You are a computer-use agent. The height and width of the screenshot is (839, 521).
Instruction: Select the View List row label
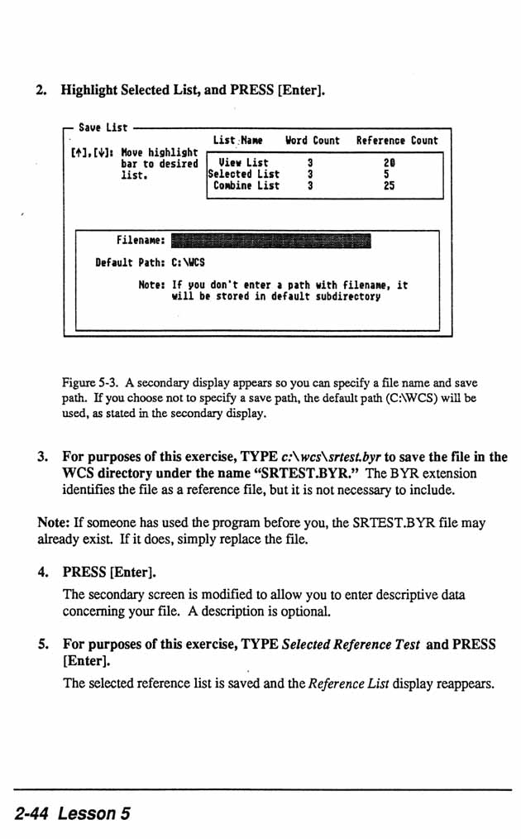243,163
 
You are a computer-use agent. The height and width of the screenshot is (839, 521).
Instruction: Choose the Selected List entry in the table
243,175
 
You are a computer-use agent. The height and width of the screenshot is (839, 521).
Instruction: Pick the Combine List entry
246,186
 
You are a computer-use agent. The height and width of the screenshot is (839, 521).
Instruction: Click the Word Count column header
313,141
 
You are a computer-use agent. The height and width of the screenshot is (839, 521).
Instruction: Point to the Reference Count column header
397,141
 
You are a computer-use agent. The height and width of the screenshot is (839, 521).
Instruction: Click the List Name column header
237,141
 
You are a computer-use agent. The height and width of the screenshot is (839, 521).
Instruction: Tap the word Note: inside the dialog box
153,285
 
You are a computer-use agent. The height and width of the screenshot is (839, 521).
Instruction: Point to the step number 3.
42,457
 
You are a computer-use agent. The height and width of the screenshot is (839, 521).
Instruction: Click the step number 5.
42,644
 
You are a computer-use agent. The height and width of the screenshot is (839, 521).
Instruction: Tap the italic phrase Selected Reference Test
351,644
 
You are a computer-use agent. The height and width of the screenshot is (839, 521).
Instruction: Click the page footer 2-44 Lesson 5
73,813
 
